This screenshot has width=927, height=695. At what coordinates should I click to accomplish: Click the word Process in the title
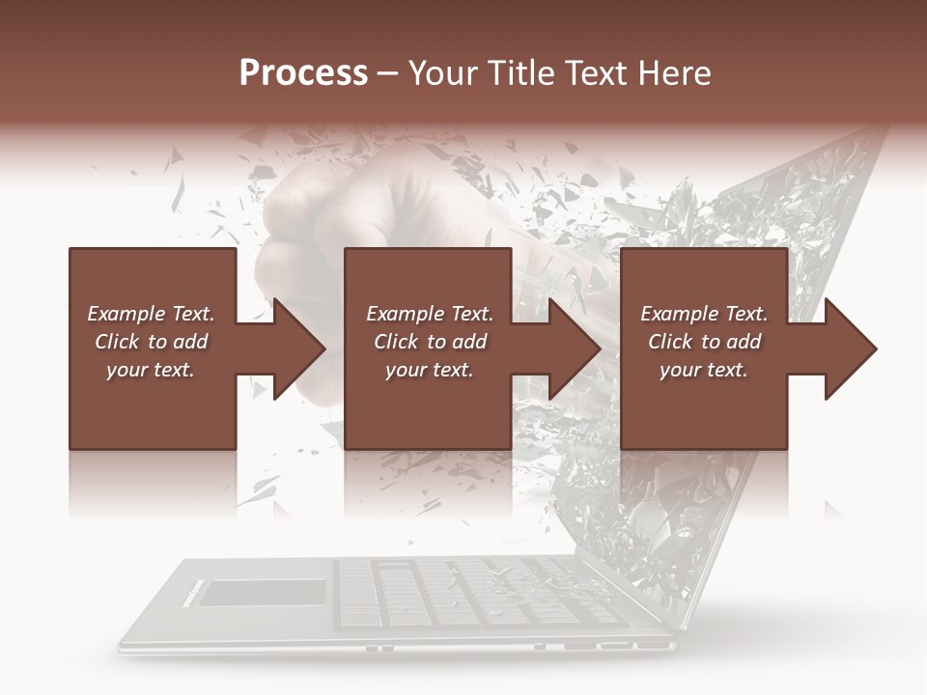[303, 73]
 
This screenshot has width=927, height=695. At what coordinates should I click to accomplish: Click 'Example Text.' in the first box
[151, 314]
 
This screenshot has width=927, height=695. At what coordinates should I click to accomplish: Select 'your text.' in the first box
[151, 370]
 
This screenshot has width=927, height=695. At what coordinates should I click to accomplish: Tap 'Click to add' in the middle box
[430, 342]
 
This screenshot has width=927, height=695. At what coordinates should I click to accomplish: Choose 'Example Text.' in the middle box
[430, 314]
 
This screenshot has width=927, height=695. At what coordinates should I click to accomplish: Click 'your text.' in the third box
[704, 370]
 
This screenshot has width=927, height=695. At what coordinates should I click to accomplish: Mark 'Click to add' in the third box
[704, 342]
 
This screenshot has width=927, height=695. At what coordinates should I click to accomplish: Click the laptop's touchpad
[262, 592]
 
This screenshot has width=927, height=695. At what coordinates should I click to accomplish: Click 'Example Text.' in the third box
[704, 314]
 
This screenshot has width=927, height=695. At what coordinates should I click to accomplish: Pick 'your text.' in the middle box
[430, 370]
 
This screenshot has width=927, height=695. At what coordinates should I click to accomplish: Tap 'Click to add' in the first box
[151, 342]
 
